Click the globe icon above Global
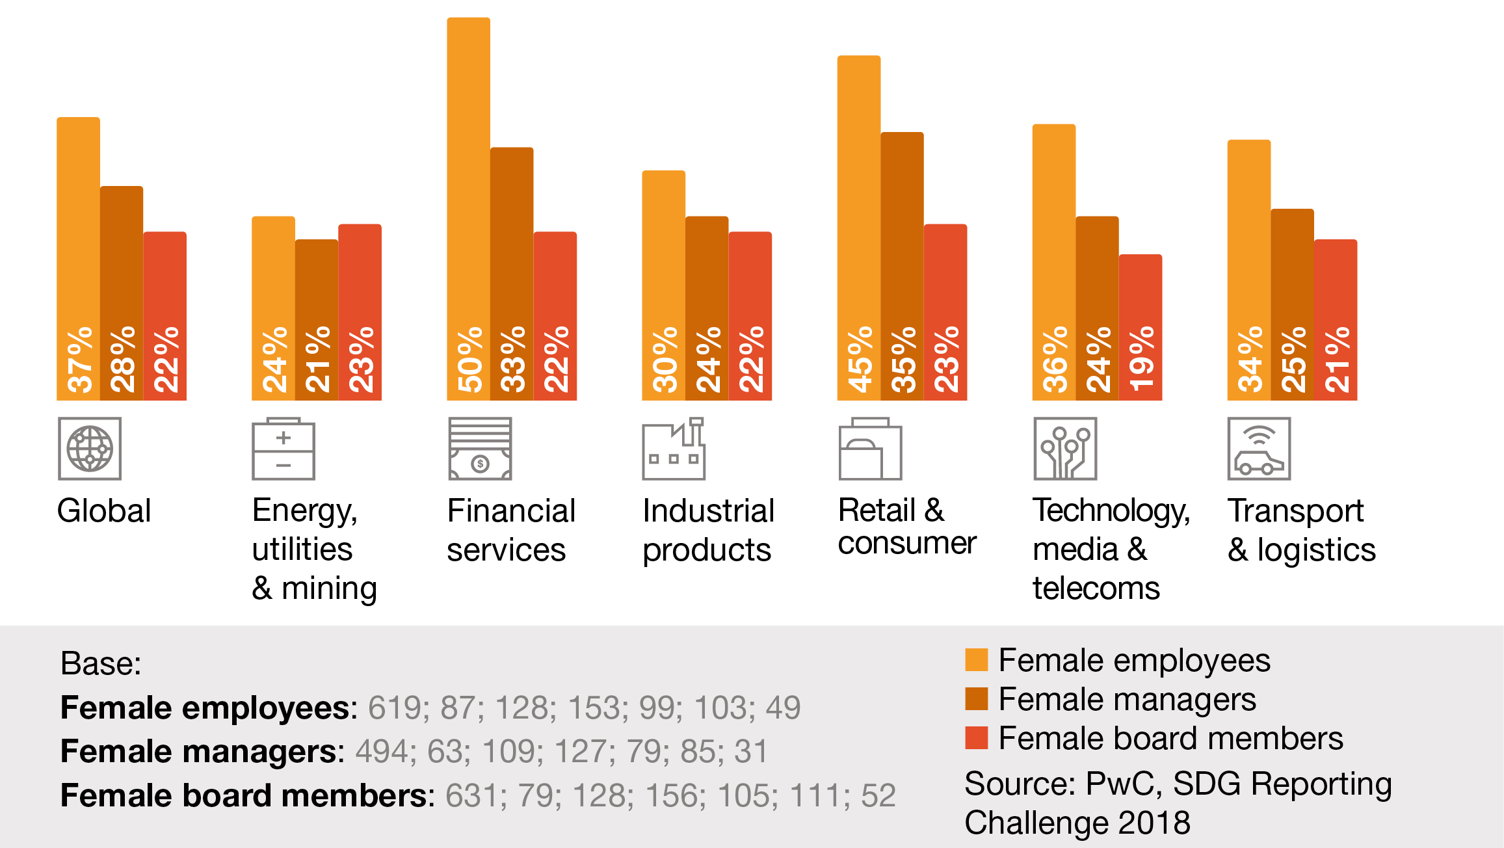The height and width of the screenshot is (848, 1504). [x=90, y=449]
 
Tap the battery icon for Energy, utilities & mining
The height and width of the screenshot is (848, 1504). [x=284, y=449]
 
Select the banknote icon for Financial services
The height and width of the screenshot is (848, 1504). [x=480, y=449]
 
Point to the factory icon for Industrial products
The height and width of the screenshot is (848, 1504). [x=674, y=449]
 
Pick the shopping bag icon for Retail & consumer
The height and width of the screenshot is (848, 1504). [x=870, y=449]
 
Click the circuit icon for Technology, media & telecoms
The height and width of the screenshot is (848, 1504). [x=1065, y=449]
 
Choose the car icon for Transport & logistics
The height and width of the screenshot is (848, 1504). [x=1259, y=449]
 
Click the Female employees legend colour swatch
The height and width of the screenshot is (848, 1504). [x=977, y=659]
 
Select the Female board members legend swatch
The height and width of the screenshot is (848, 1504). [x=977, y=737]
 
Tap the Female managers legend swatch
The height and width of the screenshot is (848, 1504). [x=977, y=698]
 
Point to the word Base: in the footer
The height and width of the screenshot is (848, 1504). [x=101, y=664]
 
